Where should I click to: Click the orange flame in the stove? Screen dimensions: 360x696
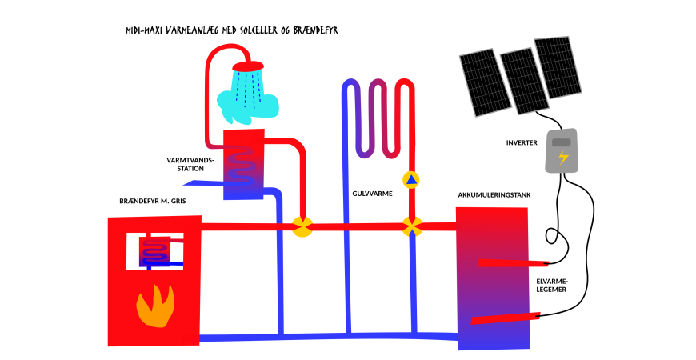(154, 306)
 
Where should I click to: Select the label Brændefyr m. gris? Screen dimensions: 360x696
(151, 201)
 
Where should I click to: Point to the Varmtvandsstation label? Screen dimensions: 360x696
(190, 163)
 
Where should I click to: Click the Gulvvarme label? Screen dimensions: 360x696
(372, 193)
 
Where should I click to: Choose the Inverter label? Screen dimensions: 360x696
(522, 143)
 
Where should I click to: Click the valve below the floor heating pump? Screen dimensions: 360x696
(412, 227)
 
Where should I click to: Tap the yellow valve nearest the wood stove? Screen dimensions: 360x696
(302, 227)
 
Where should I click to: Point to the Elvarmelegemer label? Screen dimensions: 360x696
(552, 286)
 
